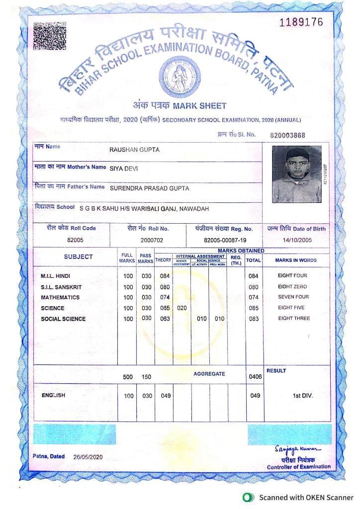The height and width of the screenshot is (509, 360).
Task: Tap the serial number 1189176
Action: click(x=301, y=22)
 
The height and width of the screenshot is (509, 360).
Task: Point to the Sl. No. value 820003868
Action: click(x=287, y=135)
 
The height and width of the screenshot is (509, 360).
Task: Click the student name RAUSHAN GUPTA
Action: click(x=134, y=150)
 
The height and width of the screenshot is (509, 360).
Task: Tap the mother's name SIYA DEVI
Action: click(x=124, y=169)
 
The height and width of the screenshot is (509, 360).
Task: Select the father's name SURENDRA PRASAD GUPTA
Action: click(x=149, y=188)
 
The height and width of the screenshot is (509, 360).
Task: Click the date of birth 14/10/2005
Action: click(x=296, y=240)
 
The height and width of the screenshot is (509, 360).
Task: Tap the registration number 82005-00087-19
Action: click(x=222, y=240)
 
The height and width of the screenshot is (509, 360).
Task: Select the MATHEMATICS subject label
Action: click(x=60, y=297)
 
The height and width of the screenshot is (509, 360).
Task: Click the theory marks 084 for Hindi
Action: click(x=164, y=276)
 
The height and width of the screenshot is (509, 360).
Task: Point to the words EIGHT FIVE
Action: click(x=293, y=308)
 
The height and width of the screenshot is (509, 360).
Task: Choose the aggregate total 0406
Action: click(x=255, y=377)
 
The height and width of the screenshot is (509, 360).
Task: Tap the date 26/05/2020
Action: click(x=88, y=457)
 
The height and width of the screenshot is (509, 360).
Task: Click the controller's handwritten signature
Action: click(x=297, y=450)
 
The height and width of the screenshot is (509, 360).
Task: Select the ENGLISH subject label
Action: click(x=53, y=396)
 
